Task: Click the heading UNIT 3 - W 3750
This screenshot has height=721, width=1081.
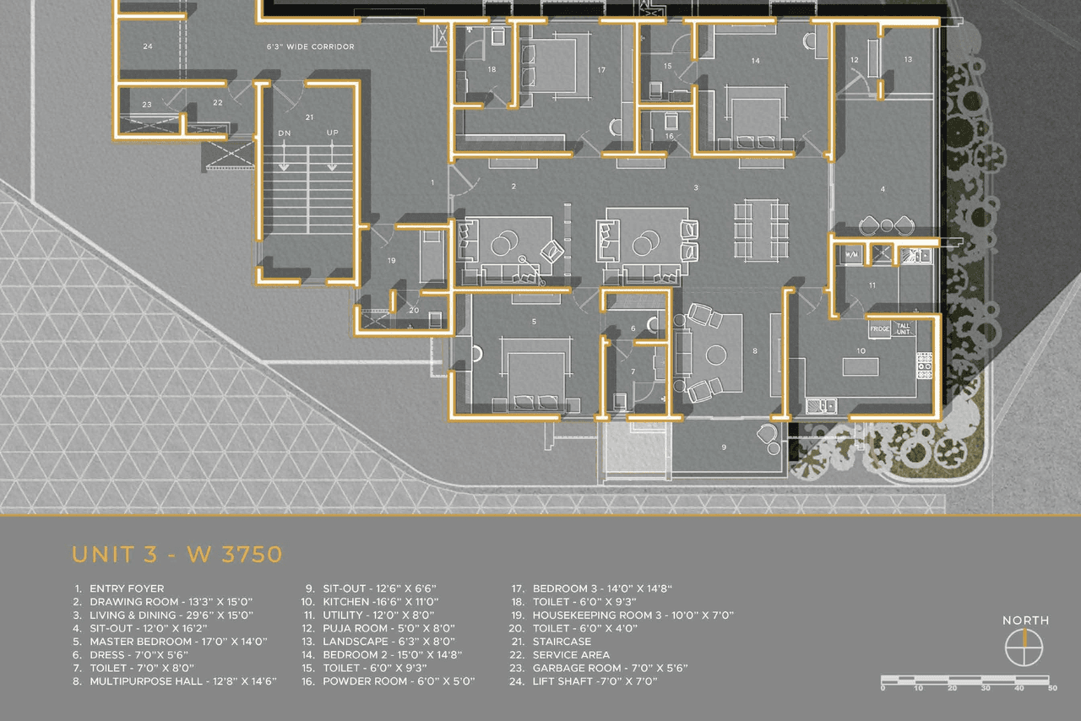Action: coord(177,555)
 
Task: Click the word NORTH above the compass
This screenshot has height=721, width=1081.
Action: coord(1025,621)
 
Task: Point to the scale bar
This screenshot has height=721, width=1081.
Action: coord(965,680)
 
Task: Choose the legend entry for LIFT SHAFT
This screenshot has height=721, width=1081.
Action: coord(595,681)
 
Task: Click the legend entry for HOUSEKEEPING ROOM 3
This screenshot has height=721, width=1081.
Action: coord(633,615)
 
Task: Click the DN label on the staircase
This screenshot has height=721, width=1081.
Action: coord(285,134)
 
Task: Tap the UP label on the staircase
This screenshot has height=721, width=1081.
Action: coord(333,134)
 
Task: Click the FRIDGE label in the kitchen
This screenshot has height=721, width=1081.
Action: coord(879,328)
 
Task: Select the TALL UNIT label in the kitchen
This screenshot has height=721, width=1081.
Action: coord(904,328)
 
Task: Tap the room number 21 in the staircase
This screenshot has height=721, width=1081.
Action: coord(309,117)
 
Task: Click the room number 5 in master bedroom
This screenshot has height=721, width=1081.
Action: coord(534,322)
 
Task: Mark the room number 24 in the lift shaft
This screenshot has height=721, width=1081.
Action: coord(148,46)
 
